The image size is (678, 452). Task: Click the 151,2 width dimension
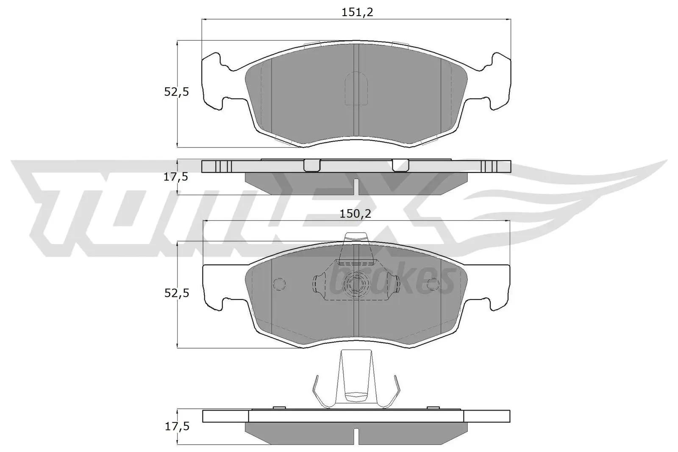357,13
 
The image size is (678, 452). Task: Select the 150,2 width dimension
355,214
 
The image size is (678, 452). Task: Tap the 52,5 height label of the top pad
176,92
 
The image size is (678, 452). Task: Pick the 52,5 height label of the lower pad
176,293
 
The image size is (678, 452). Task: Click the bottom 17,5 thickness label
176,427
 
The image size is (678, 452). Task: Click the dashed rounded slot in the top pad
356,89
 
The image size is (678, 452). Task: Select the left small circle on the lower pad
280,284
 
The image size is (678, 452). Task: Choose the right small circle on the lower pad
433,284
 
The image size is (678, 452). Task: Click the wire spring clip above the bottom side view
356,381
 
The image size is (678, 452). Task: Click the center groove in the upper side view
356,186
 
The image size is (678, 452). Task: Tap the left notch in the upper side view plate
312,166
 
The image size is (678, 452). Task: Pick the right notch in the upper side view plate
400,166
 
